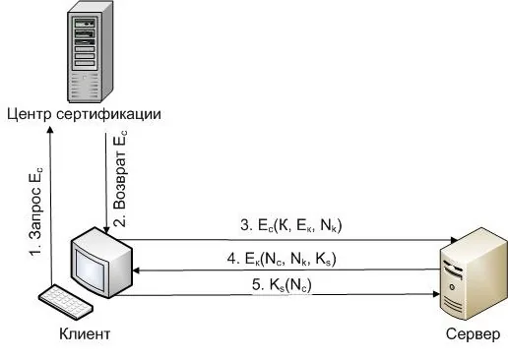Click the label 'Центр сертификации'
(x=83, y=114)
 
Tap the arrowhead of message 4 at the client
(x=139, y=270)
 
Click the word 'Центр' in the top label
(x=28, y=114)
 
